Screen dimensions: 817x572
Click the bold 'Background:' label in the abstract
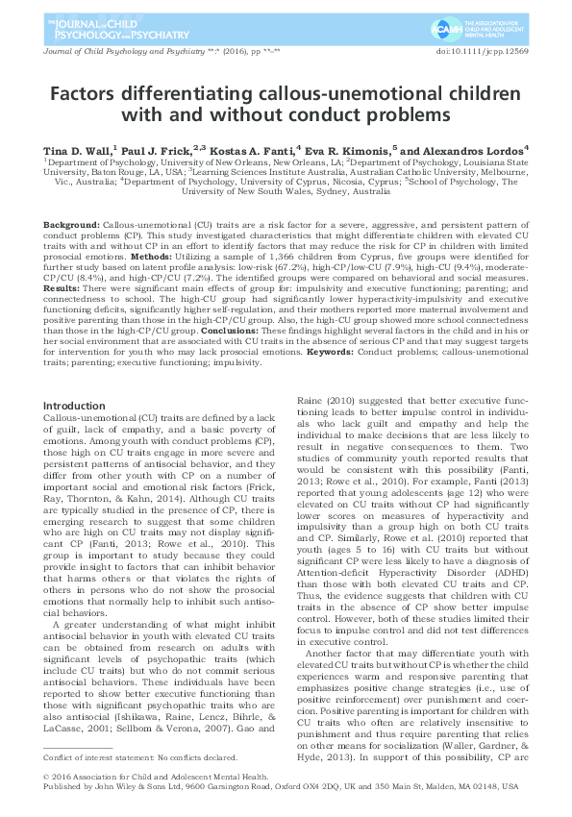(71, 223)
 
